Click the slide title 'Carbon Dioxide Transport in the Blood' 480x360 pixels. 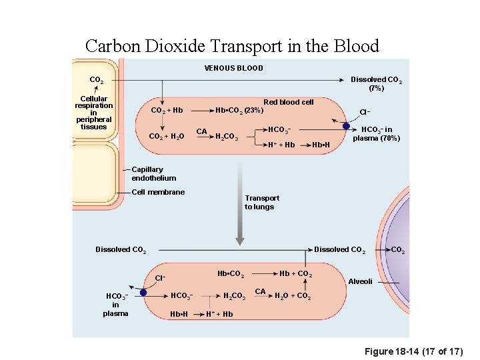232,46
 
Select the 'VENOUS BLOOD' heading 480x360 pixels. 233,68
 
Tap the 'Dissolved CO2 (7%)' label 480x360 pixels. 376,83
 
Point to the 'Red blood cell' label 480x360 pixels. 288,102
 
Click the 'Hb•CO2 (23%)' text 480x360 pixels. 239,110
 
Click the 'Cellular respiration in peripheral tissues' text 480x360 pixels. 93,113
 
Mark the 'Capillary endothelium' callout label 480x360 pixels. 154,174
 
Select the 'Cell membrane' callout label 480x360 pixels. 158,192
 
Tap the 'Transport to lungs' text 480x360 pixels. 262,202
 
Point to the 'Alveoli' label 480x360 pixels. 361,281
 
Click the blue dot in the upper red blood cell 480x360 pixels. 346,125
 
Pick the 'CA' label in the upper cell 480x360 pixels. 201,131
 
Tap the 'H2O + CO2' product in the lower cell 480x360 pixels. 292,296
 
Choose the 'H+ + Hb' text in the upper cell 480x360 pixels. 281,145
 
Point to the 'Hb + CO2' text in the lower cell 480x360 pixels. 295,274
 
